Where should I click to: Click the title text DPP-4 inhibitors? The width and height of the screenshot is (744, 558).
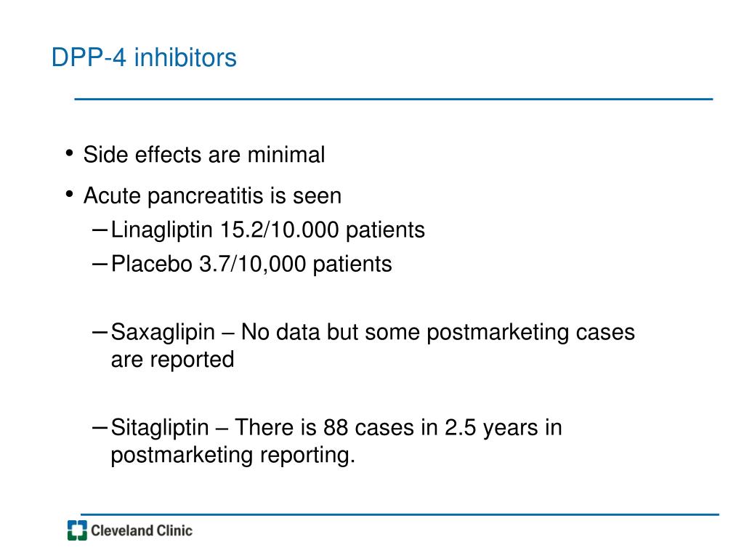click(x=144, y=57)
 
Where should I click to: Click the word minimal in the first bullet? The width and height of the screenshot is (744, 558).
click(x=286, y=155)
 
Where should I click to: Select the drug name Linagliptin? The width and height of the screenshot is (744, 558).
click(x=162, y=230)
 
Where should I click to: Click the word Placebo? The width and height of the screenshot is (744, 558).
click(x=151, y=264)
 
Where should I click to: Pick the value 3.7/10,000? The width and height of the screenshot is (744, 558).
click(x=252, y=264)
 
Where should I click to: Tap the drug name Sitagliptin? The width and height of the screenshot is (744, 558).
click(x=160, y=428)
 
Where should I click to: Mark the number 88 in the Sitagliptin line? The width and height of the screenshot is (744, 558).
click(x=335, y=427)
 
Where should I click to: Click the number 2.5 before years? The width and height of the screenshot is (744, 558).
click(x=460, y=427)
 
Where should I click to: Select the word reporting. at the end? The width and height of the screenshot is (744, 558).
click(x=307, y=456)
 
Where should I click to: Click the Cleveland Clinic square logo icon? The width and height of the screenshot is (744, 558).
click(x=77, y=530)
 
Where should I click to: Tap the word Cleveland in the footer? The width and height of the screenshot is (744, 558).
click(x=121, y=530)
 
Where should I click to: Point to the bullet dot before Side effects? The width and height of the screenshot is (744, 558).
click(x=70, y=153)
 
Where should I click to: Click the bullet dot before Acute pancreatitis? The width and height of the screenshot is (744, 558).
click(x=70, y=194)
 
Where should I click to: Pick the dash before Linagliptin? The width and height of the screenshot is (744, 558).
click(x=100, y=230)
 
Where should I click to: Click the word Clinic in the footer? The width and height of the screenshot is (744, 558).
click(x=174, y=530)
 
